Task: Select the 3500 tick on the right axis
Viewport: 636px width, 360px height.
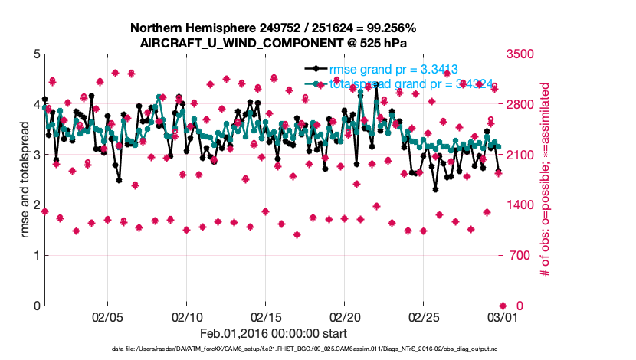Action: click(x=522, y=54)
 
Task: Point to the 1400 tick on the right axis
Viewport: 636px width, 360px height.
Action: click(x=522, y=205)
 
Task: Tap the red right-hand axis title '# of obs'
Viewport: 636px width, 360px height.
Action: click(x=546, y=180)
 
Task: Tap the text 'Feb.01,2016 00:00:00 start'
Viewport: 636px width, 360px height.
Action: click(x=273, y=334)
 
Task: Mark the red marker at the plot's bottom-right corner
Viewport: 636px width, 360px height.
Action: click(x=503, y=306)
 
